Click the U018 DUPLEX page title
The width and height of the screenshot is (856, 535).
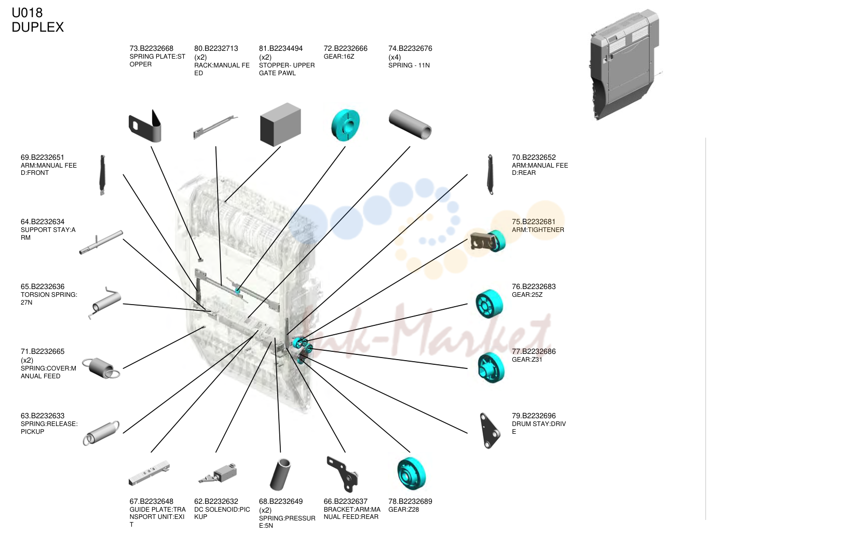tap(37, 20)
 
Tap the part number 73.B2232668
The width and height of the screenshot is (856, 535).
tap(152, 48)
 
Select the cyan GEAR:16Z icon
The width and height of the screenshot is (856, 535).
tap(345, 125)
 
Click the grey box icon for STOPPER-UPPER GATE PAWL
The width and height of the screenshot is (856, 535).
tap(280, 125)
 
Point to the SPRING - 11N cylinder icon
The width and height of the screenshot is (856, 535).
tap(410, 125)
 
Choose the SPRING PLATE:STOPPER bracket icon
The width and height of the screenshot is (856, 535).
tap(145, 127)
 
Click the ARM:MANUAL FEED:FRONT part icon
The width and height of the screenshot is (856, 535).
tap(102, 175)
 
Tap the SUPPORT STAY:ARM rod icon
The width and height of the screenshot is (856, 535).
tap(101, 242)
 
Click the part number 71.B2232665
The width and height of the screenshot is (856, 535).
tap(43, 351)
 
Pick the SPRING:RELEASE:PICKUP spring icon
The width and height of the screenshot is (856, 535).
tap(101, 433)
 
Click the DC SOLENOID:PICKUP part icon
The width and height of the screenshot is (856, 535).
tap(218, 474)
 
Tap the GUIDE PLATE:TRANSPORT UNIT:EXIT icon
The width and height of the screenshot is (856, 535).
tap(149, 474)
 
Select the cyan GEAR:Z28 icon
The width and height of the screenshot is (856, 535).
tap(411, 474)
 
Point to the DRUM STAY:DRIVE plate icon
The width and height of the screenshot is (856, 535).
tap(490, 431)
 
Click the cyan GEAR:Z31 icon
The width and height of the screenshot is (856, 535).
tap(491, 367)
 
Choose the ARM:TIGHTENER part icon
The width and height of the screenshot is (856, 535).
tap(488, 241)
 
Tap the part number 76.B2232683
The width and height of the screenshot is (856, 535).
tap(534, 286)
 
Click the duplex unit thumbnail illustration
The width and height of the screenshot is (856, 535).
tap(625, 64)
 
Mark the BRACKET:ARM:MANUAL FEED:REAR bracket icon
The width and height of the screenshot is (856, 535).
tap(343, 474)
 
